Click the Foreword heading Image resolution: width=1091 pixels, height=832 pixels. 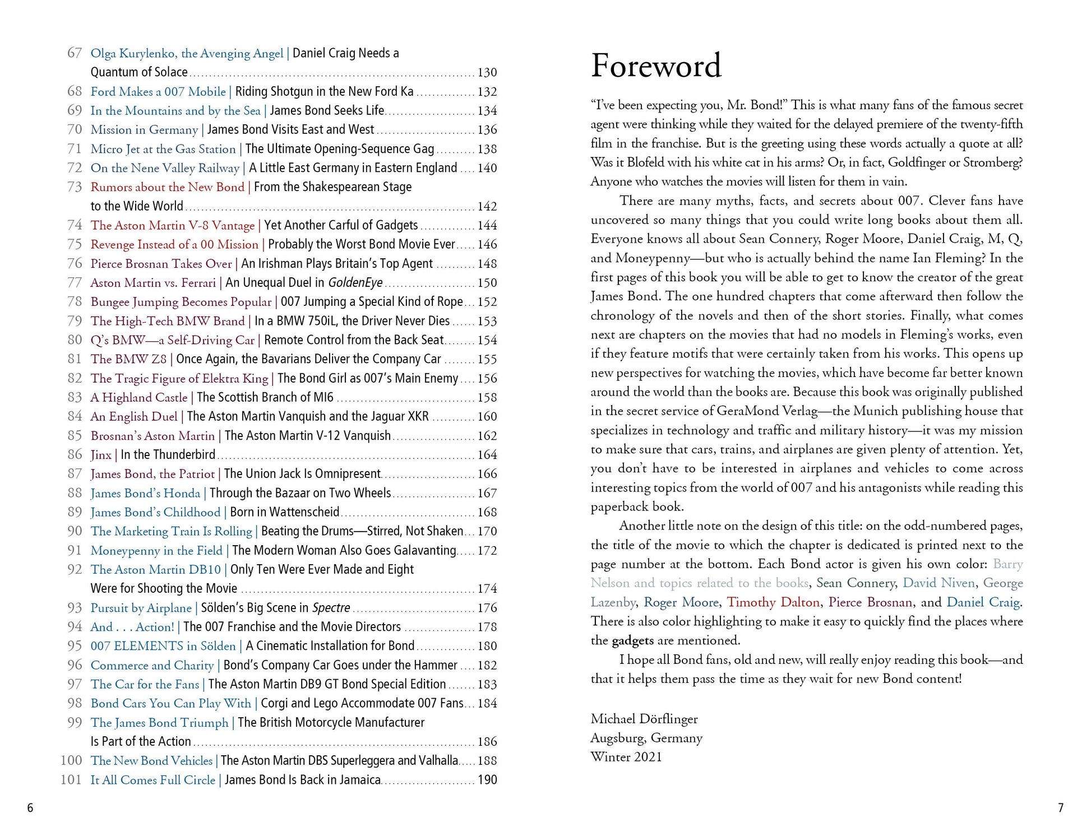tap(656, 66)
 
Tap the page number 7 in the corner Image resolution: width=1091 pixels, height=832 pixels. tap(1060, 807)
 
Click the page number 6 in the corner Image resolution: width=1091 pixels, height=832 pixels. tap(30, 807)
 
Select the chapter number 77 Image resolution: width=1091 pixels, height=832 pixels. tap(75, 282)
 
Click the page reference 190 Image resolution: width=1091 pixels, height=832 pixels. tap(487, 779)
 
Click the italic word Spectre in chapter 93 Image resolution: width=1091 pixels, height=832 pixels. tap(331, 607)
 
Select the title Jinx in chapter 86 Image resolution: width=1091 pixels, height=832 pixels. tap(101, 454)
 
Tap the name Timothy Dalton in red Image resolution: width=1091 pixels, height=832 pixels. tap(773, 602)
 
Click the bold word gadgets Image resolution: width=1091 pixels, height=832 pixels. tap(632, 640)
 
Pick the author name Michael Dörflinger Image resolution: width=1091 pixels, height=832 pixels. tap(644, 719)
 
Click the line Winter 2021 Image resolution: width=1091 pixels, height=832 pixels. tap(626, 757)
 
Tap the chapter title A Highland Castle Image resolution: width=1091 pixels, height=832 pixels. tap(138, 397)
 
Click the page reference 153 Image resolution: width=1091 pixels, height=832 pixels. tap(487, 321)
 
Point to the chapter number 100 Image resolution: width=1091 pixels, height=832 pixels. tap(71, 760)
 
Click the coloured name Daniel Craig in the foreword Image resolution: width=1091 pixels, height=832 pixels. tap(983, 602)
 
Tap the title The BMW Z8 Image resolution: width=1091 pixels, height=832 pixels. tap(128, 359)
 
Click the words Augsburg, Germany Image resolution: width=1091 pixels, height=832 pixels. tap(646, 738)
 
